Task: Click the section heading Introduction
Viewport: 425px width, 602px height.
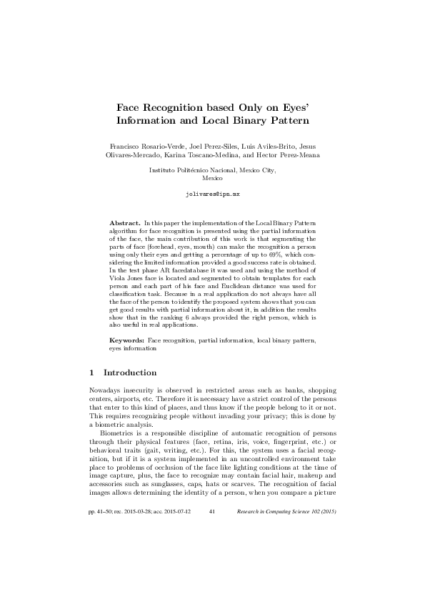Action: tap(130, 372)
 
